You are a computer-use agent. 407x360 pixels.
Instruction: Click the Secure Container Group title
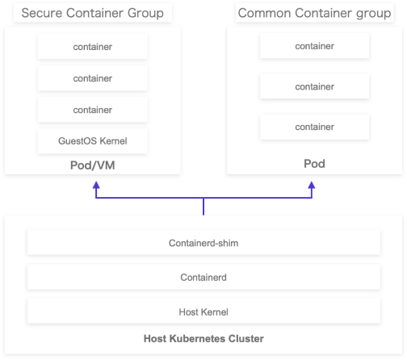pyautogui.click(x=93, y=13)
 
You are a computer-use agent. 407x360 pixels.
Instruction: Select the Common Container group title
pyautogui.click(x=314, y=13)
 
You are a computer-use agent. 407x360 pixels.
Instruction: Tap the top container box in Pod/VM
pyautogui.click(x=93, y=47)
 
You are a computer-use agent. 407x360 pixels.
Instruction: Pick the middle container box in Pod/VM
pyautogui.click(x=93, y=78)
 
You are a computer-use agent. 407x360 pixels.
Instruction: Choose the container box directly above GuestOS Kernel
pyautogui.click(x=93, y=110)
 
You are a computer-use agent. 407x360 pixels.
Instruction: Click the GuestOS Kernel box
pyautogui.click(x=93, y=141)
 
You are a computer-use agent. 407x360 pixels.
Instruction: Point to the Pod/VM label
pyautogui.click(x=93, y=165)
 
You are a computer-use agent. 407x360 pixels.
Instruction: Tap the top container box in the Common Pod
pyautogui.click(x=314, y=46)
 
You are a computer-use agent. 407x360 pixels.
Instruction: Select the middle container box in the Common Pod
pyautogui.click(x=314, y=86)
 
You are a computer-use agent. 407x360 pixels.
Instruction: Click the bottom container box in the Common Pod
pyautogui.click(x=314, y=127)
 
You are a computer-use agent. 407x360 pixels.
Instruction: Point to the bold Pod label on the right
pyautogui.click(x=314, y=164)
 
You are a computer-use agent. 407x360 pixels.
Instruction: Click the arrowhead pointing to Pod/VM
pyautogui.click(x=96, y=185)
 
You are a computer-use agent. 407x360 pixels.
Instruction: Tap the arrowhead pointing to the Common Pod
pyautogui.click(x=312, y=185)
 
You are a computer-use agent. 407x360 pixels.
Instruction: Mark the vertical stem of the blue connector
pyautogui.click(x=203, y=207)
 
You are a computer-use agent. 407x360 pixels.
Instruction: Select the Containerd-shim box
pyautogui.click(x=203, y=243)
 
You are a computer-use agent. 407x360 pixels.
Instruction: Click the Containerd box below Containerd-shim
pyautogui.click(x=203, y=278)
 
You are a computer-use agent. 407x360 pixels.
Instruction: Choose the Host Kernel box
pyautogui.click(x=203, y=312)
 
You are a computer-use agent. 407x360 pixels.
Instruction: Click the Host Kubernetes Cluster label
pyautogui.click(x=203, y=338)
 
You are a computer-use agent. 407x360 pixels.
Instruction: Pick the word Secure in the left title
pyautogui.click(x=42, y=13)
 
